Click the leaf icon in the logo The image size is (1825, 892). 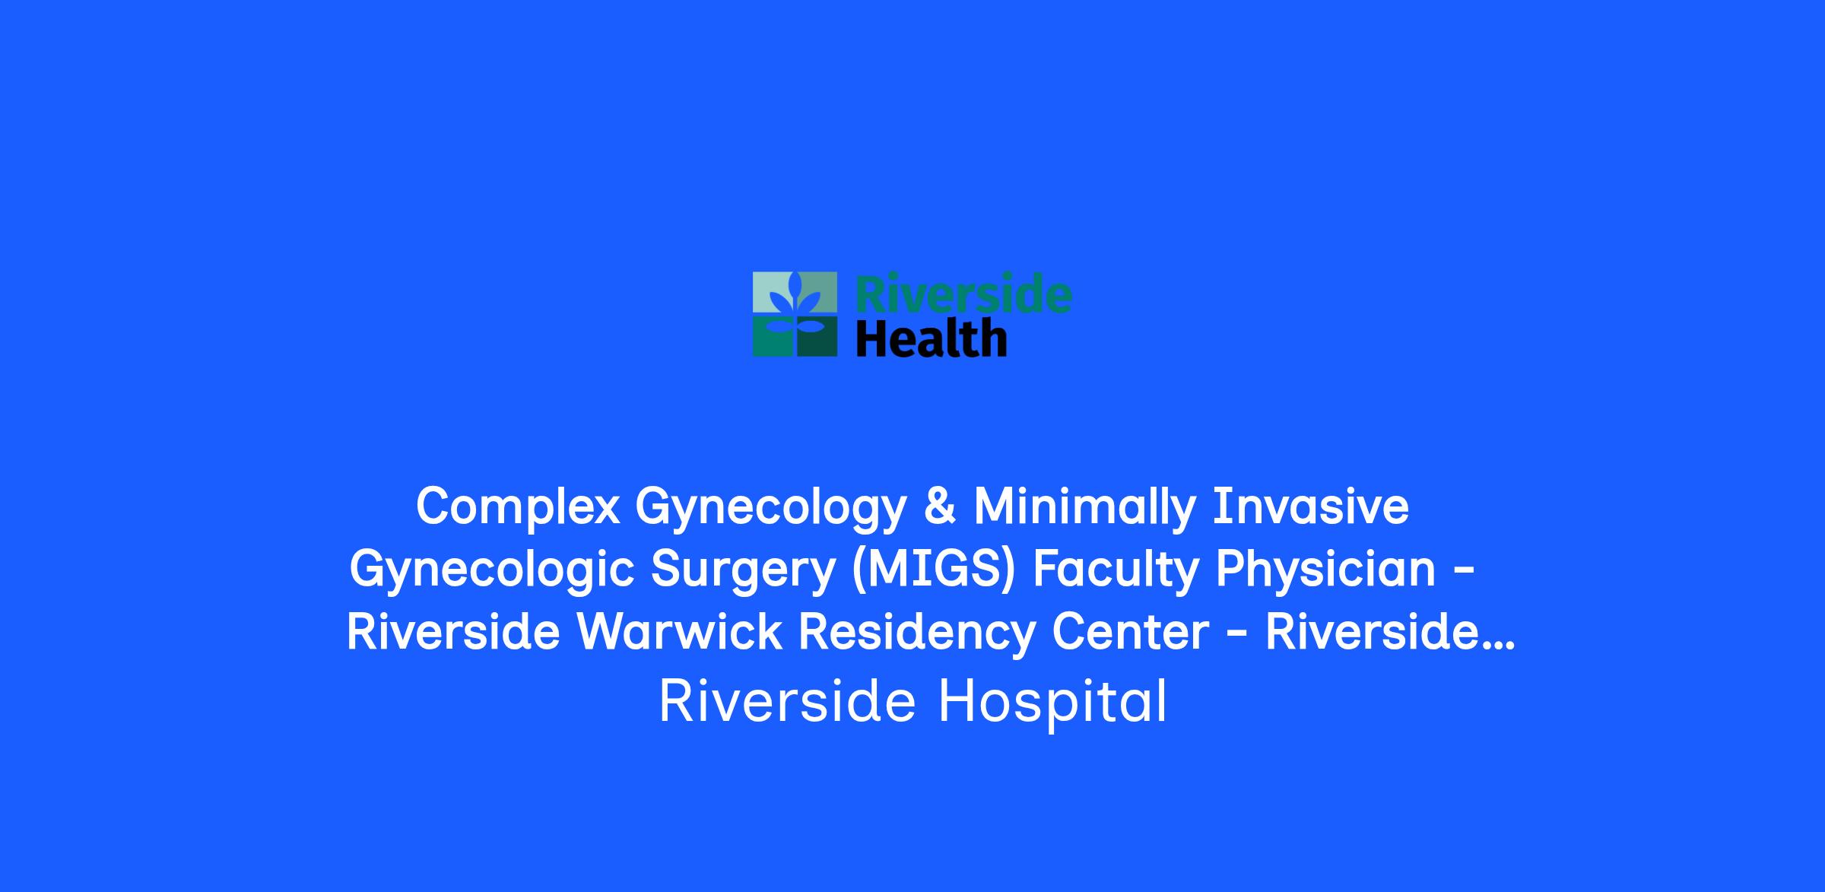click(x=795, y=314)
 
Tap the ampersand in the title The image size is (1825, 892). click(x=940, y=506)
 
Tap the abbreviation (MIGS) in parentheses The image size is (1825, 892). click(x=934, y=569)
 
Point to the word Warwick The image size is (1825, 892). click(x=680, y=631)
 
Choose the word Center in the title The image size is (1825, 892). click(x=1130, y=632)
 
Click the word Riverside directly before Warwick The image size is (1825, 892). click(x=453, y=631)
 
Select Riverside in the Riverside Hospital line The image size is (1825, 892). click(x=787, y=700)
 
